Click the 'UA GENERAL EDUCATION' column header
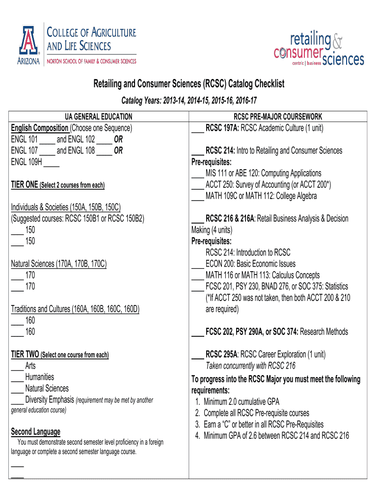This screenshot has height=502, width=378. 99,117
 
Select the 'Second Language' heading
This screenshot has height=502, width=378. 35,432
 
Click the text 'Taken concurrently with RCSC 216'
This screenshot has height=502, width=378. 250,366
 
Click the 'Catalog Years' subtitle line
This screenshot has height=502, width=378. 189,100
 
